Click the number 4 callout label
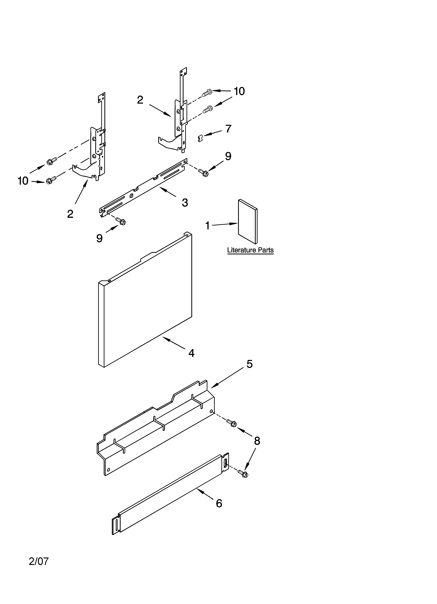[x=191, y=353]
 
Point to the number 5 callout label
[x=249, y=364]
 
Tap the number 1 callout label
[x=208, y=226]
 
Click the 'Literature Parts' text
[x=250, y=250]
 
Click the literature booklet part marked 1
[x=247, y=222]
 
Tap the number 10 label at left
[x=23, y=181]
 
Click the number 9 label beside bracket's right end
[x=228, y=156]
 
